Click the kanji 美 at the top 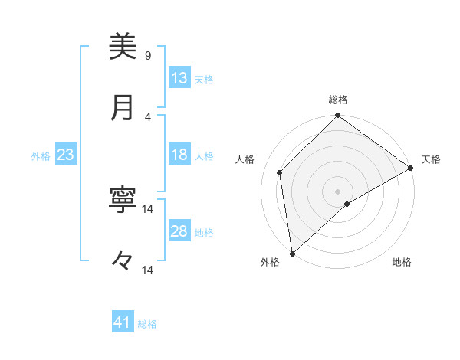tap(122, 47)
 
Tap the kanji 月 tap(122, 108)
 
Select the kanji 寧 tap(122, 201)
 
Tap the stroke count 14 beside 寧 tap(148, 208)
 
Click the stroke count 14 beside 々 tap(148, 270)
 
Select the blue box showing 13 tap(179, 78)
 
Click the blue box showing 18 tap(179, 155)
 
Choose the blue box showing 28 tap(179, 231)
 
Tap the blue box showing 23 tap(65, 155)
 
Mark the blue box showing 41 tap(123, 322)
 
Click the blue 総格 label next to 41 tap(147, 324)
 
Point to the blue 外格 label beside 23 tap(41, 156)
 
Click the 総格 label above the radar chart tap(337, 100)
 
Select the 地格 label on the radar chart tap(402, 262)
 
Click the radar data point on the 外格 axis tap(292, 254)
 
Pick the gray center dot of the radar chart tap(337, 191)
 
